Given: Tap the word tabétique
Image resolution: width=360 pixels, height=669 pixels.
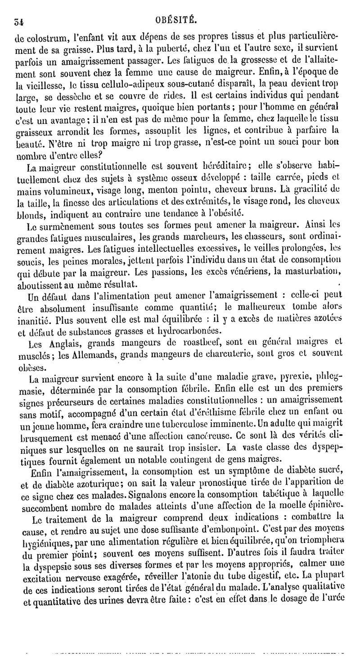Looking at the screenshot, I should tap(260, 494).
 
